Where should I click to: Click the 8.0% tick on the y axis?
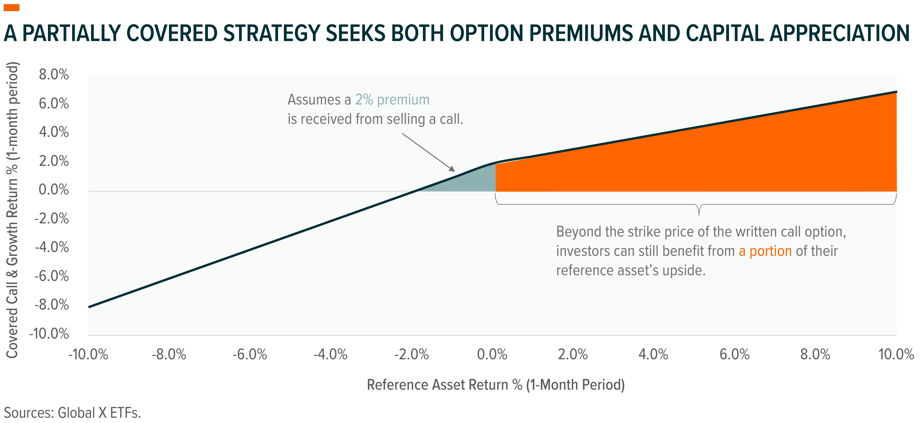tap(54, 75)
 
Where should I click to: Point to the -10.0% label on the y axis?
tap(49, 334)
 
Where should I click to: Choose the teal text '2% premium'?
tap(392, 100)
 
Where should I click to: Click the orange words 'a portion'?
tap(765, 251)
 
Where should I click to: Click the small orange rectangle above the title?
tap(11, 7)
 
